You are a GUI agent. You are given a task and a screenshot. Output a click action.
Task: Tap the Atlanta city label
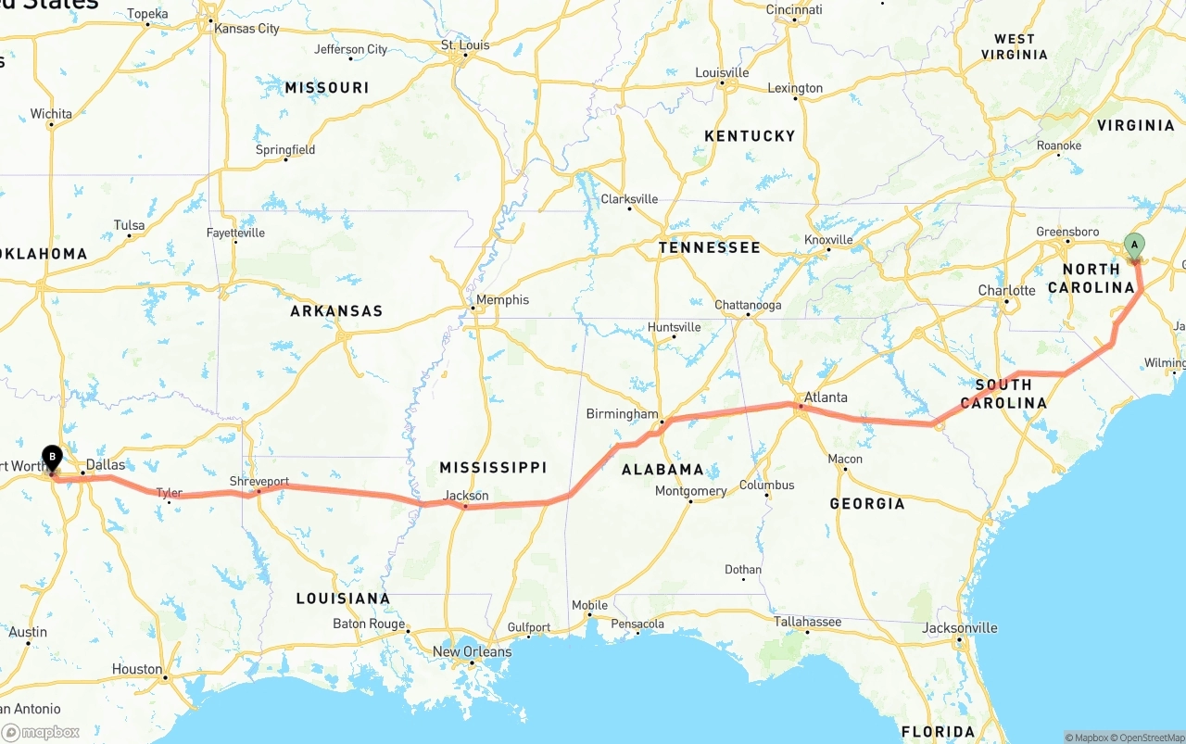coord(825,397)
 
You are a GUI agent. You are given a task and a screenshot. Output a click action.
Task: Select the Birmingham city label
coord(622,414)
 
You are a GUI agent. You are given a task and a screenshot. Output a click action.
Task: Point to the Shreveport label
coord(259,482)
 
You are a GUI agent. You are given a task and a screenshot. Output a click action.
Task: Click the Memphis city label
coord(502,299)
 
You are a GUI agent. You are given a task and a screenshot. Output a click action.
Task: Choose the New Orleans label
coord(472,651)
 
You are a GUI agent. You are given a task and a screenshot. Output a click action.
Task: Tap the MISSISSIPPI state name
coord(493,467)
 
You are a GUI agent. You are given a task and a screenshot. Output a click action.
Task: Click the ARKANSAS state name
coord(336,311)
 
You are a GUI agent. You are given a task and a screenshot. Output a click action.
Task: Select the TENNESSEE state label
coord(709,247)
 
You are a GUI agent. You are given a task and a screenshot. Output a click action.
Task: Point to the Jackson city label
coord(465,496)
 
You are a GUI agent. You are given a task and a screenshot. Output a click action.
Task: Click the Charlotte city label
coord(1006,290)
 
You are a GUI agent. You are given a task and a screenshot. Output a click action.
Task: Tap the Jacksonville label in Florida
coord(960,627)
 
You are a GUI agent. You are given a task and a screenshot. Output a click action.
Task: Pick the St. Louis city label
coord(464,44)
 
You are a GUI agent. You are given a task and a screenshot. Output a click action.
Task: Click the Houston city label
coord(137,669)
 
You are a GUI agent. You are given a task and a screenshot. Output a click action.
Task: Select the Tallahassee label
coord(807,622)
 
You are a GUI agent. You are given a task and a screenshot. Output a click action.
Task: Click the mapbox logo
coord(41,732)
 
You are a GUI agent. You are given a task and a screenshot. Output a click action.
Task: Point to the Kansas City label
coord(246,29)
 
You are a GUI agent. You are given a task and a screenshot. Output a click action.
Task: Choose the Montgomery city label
coord(690,491)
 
